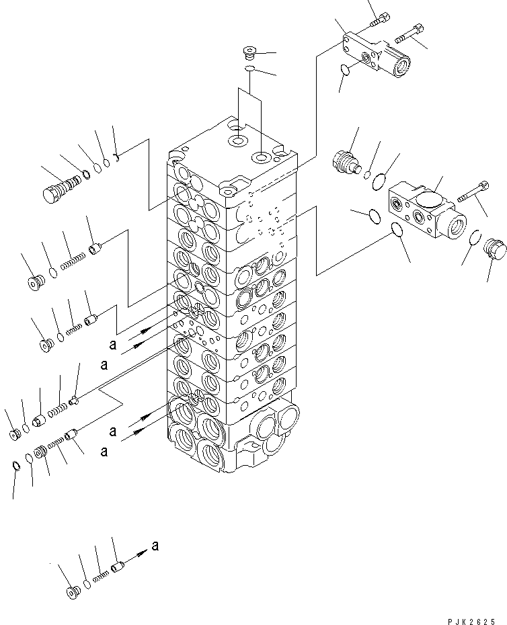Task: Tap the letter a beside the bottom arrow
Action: pos(156,546)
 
